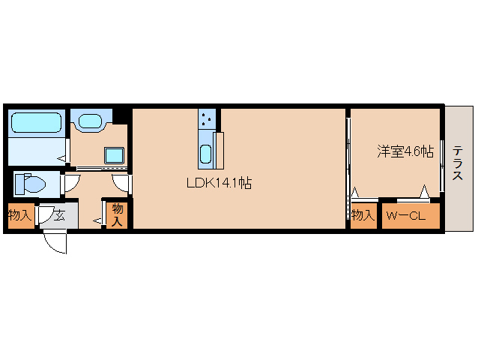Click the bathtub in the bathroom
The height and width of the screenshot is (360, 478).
coord(36,122)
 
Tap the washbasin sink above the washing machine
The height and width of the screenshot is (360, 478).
coord(91,120)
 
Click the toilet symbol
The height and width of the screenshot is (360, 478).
coord(30,184)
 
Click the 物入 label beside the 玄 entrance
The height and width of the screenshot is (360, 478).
coord(20,216)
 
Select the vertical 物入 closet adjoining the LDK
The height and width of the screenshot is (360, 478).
coord(117,214)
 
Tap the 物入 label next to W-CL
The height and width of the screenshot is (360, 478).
coord(363,216)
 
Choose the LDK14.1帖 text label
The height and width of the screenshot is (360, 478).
coord(219,182)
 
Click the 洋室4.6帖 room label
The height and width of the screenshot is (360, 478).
coord(405,151)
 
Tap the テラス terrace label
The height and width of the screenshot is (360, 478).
coord(457,166)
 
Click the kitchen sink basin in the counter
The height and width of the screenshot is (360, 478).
coord(206,154)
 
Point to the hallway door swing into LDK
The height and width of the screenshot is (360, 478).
coord(121,183)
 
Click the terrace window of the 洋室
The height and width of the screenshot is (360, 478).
coord(444,166)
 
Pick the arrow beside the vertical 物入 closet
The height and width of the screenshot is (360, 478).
coord(97,220)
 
